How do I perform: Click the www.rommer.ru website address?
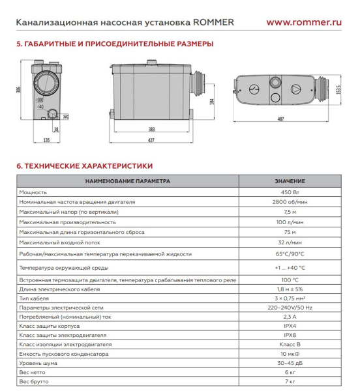pyautogui.click(x=305, y=21)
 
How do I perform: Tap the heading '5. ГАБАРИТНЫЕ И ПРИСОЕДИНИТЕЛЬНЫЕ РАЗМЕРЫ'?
pyautogui.click(x=114, y=44)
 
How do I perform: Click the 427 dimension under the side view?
pyautogui.click(x=151, y=140)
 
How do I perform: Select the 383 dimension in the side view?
pyautogui.click(x=151, y=130)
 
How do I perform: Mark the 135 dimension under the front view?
pyautogui.click(x=46, y=140)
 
